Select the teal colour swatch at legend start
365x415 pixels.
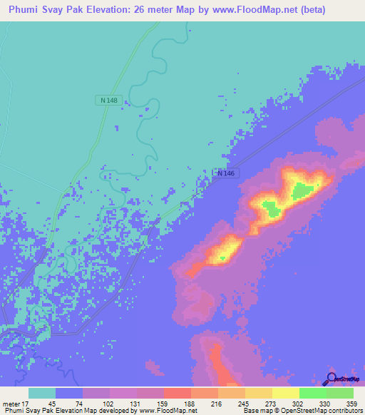pos(42,393)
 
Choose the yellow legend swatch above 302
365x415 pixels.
pos(285,393)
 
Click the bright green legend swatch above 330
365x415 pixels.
pos(312,393)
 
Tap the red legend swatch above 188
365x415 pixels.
pos(177,393)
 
